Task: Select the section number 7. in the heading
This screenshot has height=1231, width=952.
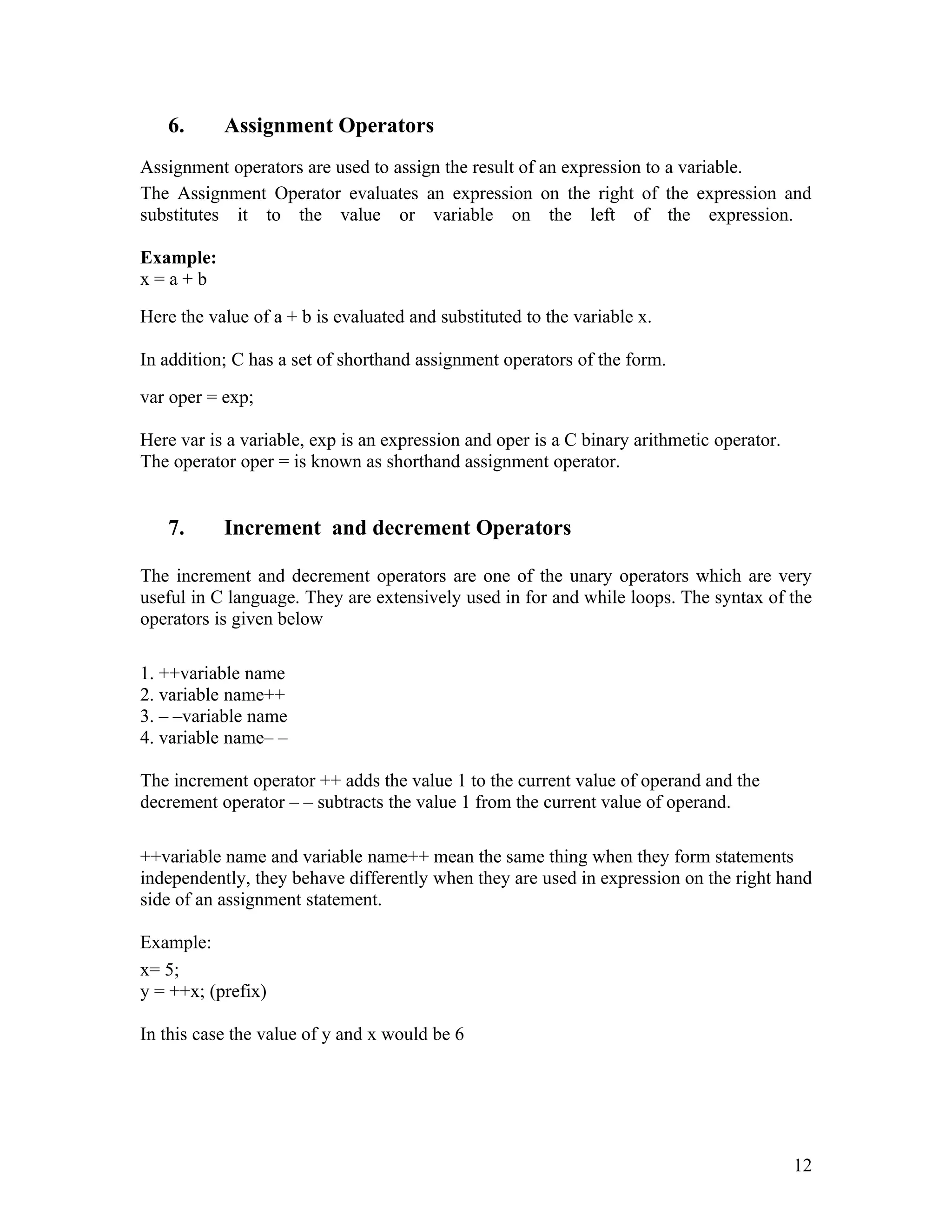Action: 176,528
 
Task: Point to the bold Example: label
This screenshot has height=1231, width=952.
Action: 178,258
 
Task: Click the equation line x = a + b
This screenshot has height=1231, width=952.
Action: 173,279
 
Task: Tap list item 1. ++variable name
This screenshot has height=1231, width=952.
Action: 212,673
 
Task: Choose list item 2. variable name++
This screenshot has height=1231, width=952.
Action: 212,694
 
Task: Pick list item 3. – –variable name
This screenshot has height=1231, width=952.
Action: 214,716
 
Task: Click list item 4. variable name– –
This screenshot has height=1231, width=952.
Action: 214,737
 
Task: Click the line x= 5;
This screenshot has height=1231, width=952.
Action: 159,969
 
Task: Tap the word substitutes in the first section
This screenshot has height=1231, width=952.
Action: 179,216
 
